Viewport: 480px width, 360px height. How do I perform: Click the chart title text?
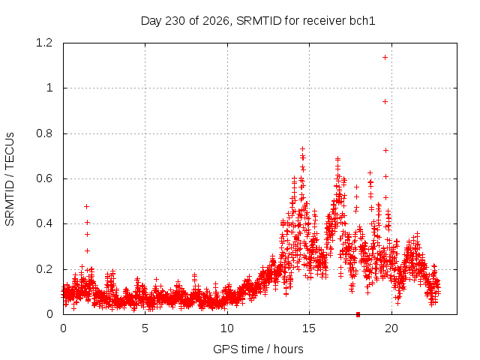[258, 21]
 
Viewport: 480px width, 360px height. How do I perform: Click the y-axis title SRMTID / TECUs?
[10, 179]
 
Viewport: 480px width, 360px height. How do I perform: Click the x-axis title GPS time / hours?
[258, 349]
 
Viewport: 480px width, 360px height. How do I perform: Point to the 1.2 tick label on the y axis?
[44, 43]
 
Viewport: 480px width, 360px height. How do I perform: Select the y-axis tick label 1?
[49, 88]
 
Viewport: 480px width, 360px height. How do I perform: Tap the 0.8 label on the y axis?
[44, 133]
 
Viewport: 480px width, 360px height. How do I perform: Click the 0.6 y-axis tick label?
[44, 178]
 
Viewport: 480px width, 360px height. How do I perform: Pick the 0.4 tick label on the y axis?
[44, 223]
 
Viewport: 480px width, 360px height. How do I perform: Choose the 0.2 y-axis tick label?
[44, 269]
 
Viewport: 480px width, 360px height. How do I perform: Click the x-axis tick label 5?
[145, 328]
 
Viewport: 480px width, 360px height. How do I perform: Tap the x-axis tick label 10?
[227, 328]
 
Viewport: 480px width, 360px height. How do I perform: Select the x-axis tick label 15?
[309, 328]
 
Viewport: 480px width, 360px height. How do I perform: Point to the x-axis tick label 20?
[391, 328]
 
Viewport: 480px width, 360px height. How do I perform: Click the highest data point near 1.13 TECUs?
[385, 57]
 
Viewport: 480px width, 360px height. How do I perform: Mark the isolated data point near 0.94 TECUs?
[385, 101]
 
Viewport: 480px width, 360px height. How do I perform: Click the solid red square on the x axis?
[358, 314]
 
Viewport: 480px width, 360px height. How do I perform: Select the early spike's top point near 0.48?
[87, 207]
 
